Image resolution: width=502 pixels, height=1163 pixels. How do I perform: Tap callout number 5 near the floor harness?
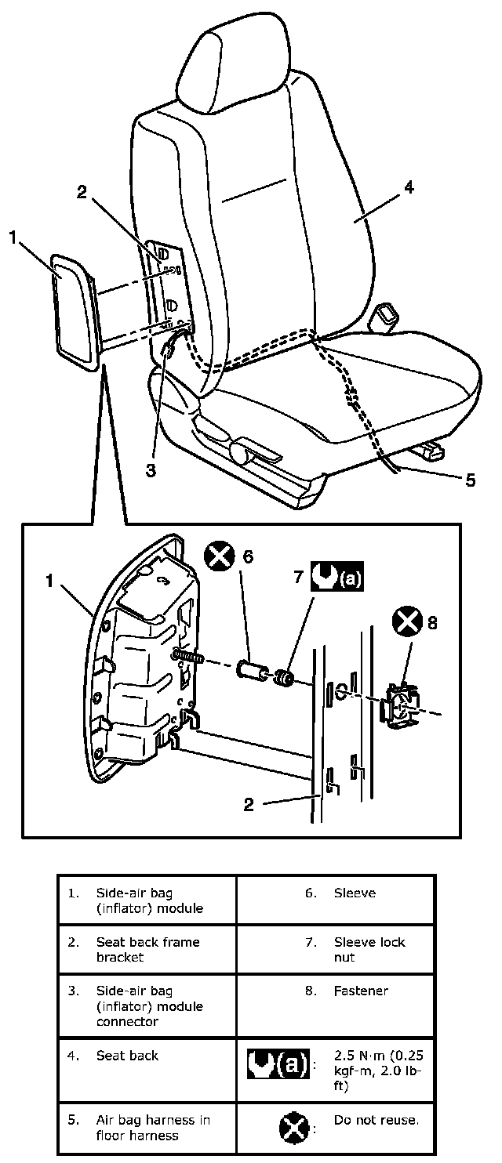(x=470, y=480)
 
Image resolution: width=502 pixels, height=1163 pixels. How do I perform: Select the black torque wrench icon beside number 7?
(x=339, y=578)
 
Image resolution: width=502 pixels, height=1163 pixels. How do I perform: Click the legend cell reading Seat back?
(x=127, y=1056)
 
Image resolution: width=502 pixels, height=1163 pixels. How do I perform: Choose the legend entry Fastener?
(x=361, y=991)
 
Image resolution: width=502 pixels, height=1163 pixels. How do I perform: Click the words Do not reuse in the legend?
(x=376, y=1120)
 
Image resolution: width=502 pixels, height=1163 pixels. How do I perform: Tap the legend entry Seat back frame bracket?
(x=147, y=949)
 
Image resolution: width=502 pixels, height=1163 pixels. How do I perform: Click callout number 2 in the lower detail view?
(x=249, y=805)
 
